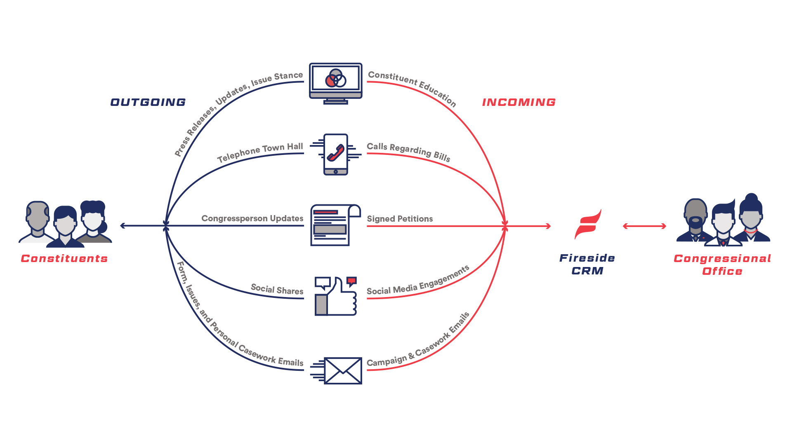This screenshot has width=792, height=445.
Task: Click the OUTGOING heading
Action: coord(148,102)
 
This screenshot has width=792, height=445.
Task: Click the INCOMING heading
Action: coord(519,102)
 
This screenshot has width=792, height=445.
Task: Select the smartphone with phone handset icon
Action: coord(336,155)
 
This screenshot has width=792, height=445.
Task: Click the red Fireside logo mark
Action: coord(588,225)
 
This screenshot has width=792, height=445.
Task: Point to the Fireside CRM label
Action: coord(587,264)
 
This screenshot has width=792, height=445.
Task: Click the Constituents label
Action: coord(64,258)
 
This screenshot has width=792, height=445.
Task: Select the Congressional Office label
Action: coord(722,265)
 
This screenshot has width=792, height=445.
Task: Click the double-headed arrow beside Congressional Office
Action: coord(644,226)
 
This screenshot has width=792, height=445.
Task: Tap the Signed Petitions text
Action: coord(400,219)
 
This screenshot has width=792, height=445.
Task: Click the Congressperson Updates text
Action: coord(252,218)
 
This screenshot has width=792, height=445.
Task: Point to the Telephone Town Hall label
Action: coord(260,152)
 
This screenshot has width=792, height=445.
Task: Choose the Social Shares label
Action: coord(277,289)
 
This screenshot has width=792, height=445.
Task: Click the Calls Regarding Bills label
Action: coord(408,151)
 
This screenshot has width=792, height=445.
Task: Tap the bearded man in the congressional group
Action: coord(695,218)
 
